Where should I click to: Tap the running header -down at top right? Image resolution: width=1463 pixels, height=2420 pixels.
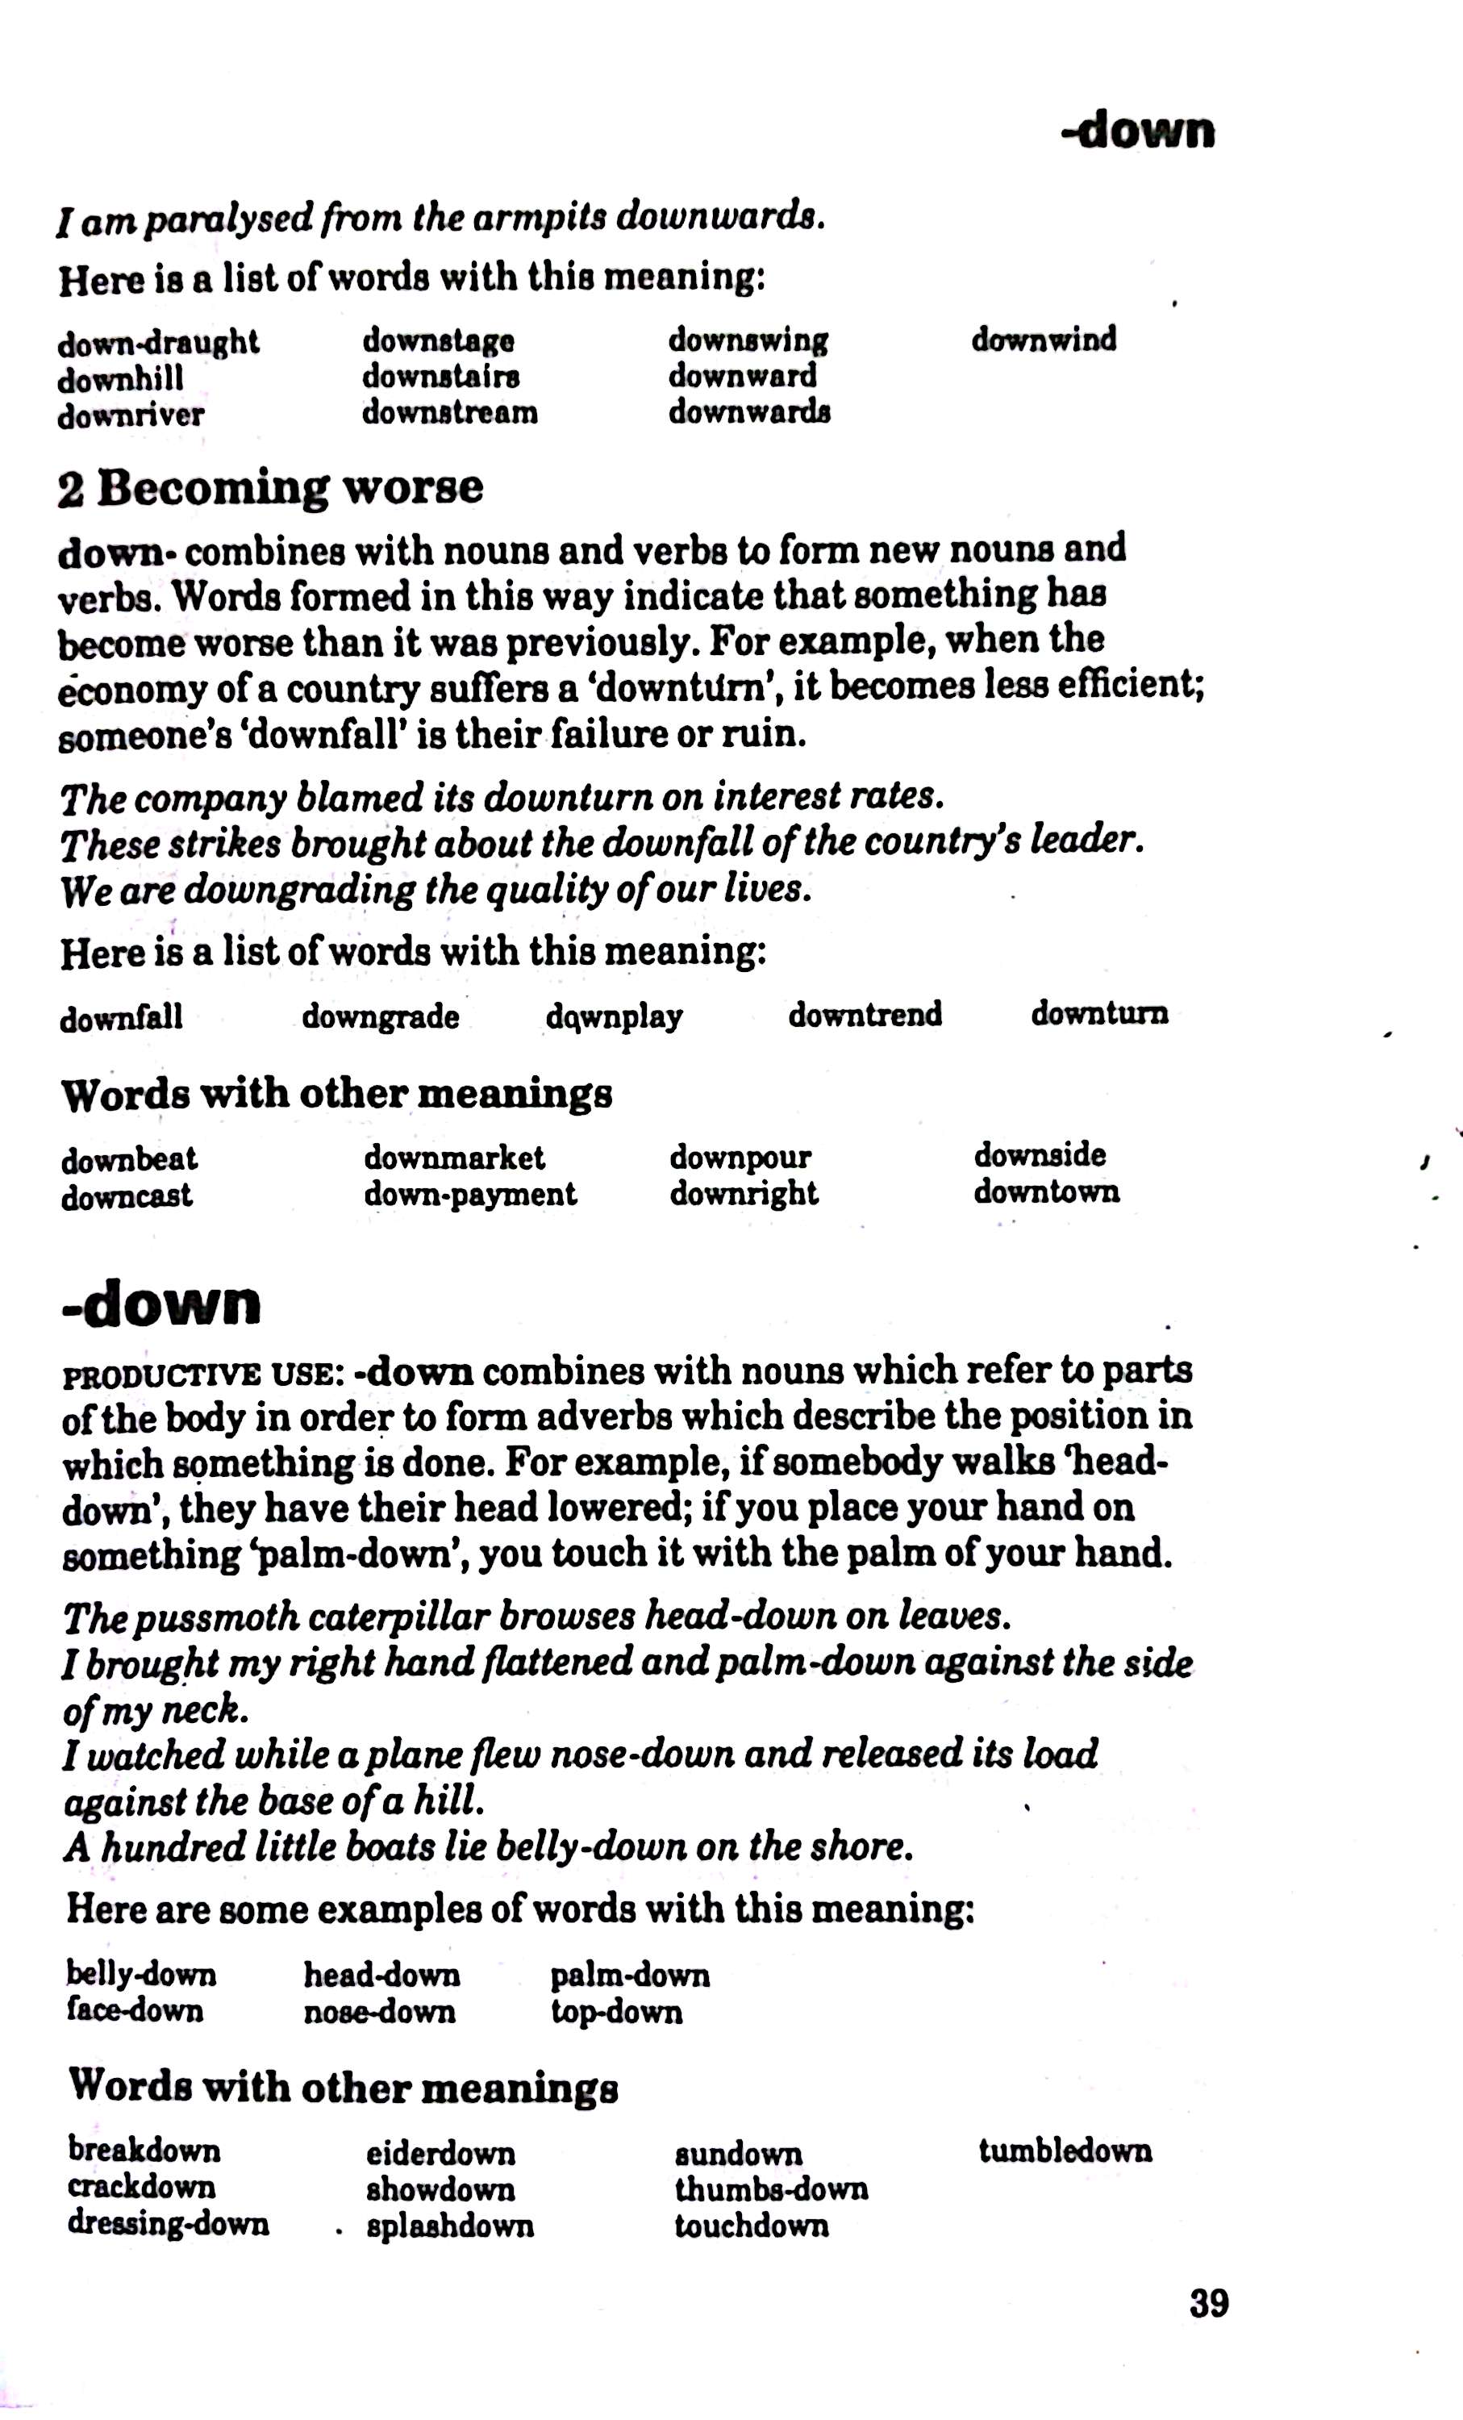click(x=1138, y=131)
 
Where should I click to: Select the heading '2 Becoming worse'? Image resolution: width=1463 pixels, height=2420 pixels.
click(x=270, y=487)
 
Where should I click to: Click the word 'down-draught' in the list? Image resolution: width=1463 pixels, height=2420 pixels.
click(x=158, y=343)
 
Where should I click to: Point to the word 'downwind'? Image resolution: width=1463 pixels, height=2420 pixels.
click(x=1044, y=340)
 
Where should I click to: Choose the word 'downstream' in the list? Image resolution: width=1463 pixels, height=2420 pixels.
click(x=450, y=412)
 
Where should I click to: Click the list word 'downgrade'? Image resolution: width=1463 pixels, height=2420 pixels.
click(x=380, y=1016)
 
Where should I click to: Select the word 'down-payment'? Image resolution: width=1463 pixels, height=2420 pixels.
click(x=470, y=1195)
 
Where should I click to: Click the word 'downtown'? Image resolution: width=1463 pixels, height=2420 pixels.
click(x=1046, y=1192)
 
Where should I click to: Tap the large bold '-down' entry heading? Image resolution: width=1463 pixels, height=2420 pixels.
click(x=162, y=1304)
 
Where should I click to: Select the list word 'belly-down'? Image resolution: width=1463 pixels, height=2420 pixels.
click(x=141, y=1974)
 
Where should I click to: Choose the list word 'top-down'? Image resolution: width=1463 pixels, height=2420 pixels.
click(x=615, y=2012)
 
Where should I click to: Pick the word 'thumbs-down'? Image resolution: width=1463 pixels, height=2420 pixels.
click(x=771, y=2189)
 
